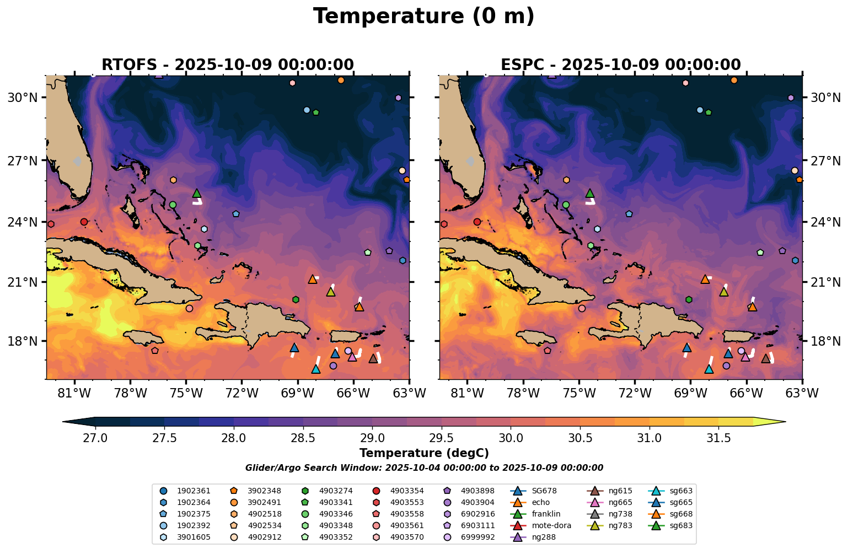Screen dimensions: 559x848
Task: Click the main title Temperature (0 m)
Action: coord(423,17)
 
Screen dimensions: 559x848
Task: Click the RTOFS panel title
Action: coord(227,65)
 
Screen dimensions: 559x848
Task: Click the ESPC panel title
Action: coord(620,65)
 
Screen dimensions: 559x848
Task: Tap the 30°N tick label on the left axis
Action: coord(22,98)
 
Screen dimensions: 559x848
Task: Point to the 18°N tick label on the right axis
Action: coord(825,341)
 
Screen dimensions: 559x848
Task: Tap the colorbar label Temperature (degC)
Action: coord(423,453)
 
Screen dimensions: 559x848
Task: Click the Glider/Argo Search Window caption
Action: coord(423,468)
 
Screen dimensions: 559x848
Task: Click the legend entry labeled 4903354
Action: coord(407,491)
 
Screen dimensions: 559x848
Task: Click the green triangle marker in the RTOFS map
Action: coord(197,193)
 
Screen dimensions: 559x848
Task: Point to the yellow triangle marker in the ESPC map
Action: coord(723,292)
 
